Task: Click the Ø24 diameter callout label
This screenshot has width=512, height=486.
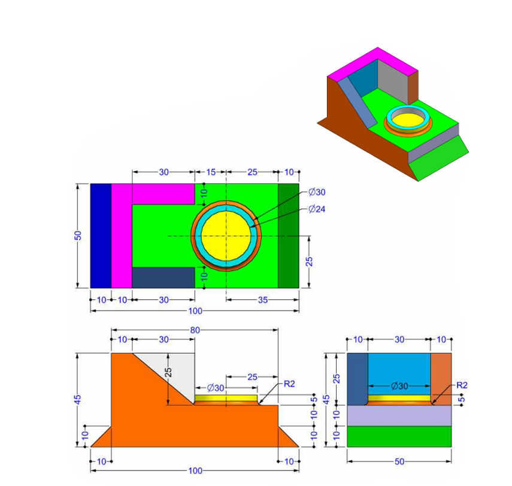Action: [317, 209]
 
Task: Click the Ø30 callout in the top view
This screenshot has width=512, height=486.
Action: [317, 192]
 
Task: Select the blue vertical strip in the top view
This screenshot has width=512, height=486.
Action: [101, 236]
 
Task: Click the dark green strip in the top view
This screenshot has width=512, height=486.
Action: [288, 236]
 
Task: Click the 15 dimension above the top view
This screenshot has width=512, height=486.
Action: [211, 172]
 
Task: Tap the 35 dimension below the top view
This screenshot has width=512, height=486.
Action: [262, 300]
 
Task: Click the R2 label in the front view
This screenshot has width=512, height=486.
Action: [289, 384]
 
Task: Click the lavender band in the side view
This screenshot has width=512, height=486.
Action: [399, 415]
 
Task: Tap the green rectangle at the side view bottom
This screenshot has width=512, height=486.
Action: [399, 436]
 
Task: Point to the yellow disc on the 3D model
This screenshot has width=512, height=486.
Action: [407, 117]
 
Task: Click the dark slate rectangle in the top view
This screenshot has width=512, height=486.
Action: [163, 277]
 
